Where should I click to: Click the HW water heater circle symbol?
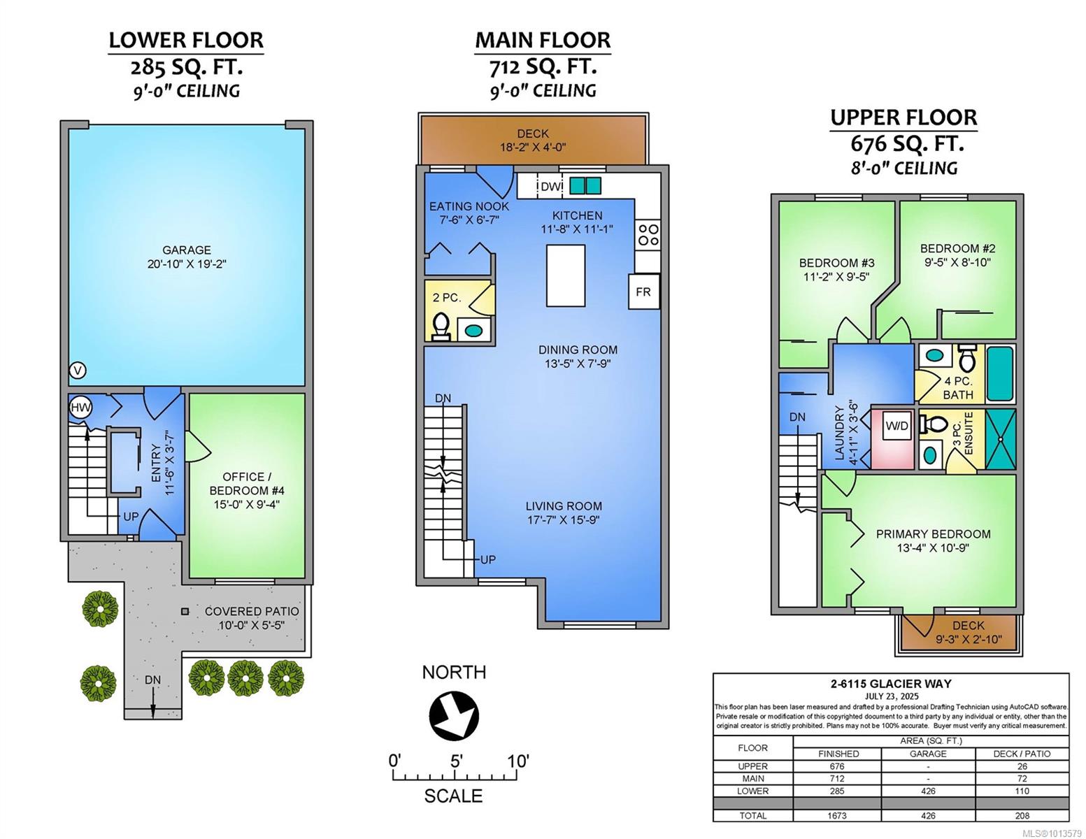(80, 407)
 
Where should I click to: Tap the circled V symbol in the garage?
(78, 371)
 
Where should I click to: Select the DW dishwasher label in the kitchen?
(550, 187)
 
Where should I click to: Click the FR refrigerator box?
(644, 292)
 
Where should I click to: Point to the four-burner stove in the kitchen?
(648, 235)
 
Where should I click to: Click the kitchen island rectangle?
(565, 275)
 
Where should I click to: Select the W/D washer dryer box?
(897, 426)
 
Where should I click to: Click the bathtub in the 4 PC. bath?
(1001, 374)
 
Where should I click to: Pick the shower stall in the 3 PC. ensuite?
(1001, 439)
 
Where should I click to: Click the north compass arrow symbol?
(454, 715)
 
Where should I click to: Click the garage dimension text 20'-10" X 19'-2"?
(187, 264)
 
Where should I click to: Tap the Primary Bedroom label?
(933, 533)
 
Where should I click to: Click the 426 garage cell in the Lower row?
(928, 791)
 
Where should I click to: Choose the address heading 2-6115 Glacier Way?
(891, 684)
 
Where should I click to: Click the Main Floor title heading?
(543, 41)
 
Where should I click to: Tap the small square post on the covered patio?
(185, 611)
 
